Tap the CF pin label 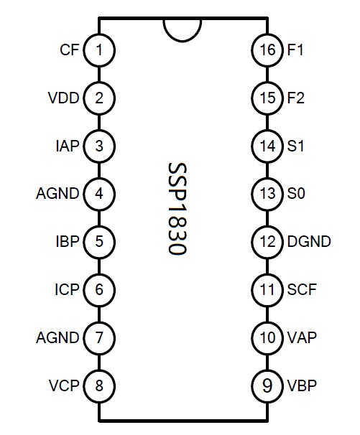(70, 50)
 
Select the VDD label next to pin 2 (64, 98)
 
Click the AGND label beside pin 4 (57, 193)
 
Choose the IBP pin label (68, 241)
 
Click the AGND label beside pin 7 (57, 337)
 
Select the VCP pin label (64, 385)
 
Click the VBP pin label (302, 385)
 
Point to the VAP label (302, 337)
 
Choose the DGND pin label (309, 241)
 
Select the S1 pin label (295, 146)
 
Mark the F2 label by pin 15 (296, 98)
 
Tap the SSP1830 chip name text (177, 208)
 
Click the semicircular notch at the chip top (183, 41)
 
